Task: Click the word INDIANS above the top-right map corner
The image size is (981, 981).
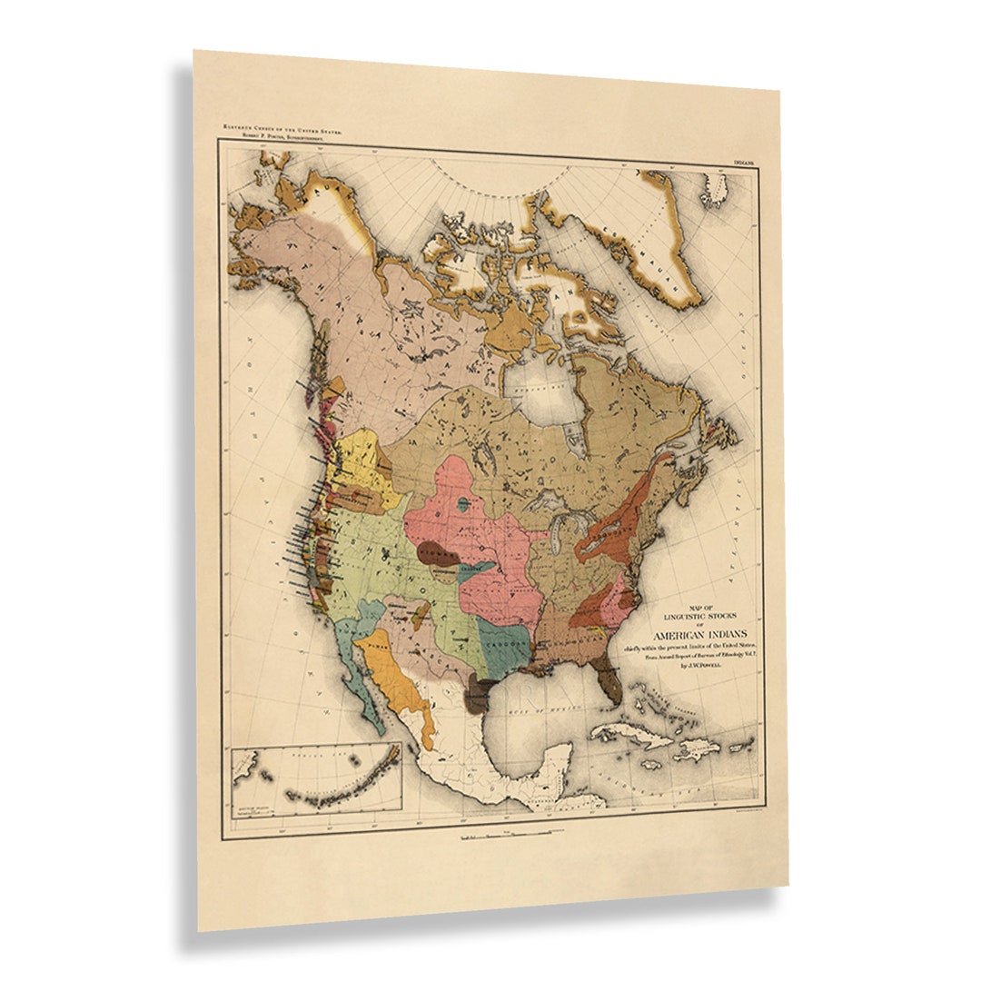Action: pyautogui.click(x=747, y=163)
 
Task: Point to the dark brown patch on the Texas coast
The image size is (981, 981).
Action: pyautogui.click(x=474, y=698)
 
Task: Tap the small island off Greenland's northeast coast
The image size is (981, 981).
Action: pyautogui.click(x=714, y=190)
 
